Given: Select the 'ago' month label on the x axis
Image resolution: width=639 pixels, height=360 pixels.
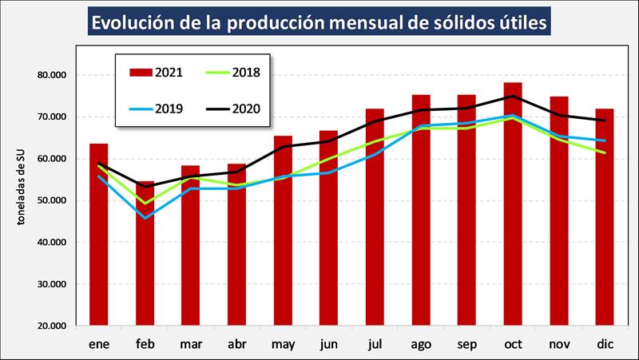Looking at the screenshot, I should (421, 344).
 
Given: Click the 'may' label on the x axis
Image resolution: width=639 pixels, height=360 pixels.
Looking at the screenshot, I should (283, 344).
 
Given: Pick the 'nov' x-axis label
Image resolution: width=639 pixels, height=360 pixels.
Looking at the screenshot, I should (559, 344).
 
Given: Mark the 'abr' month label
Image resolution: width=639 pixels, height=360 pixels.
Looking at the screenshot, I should (237, 344).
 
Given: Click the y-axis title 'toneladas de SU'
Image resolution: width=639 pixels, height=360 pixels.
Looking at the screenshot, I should (23, 200).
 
